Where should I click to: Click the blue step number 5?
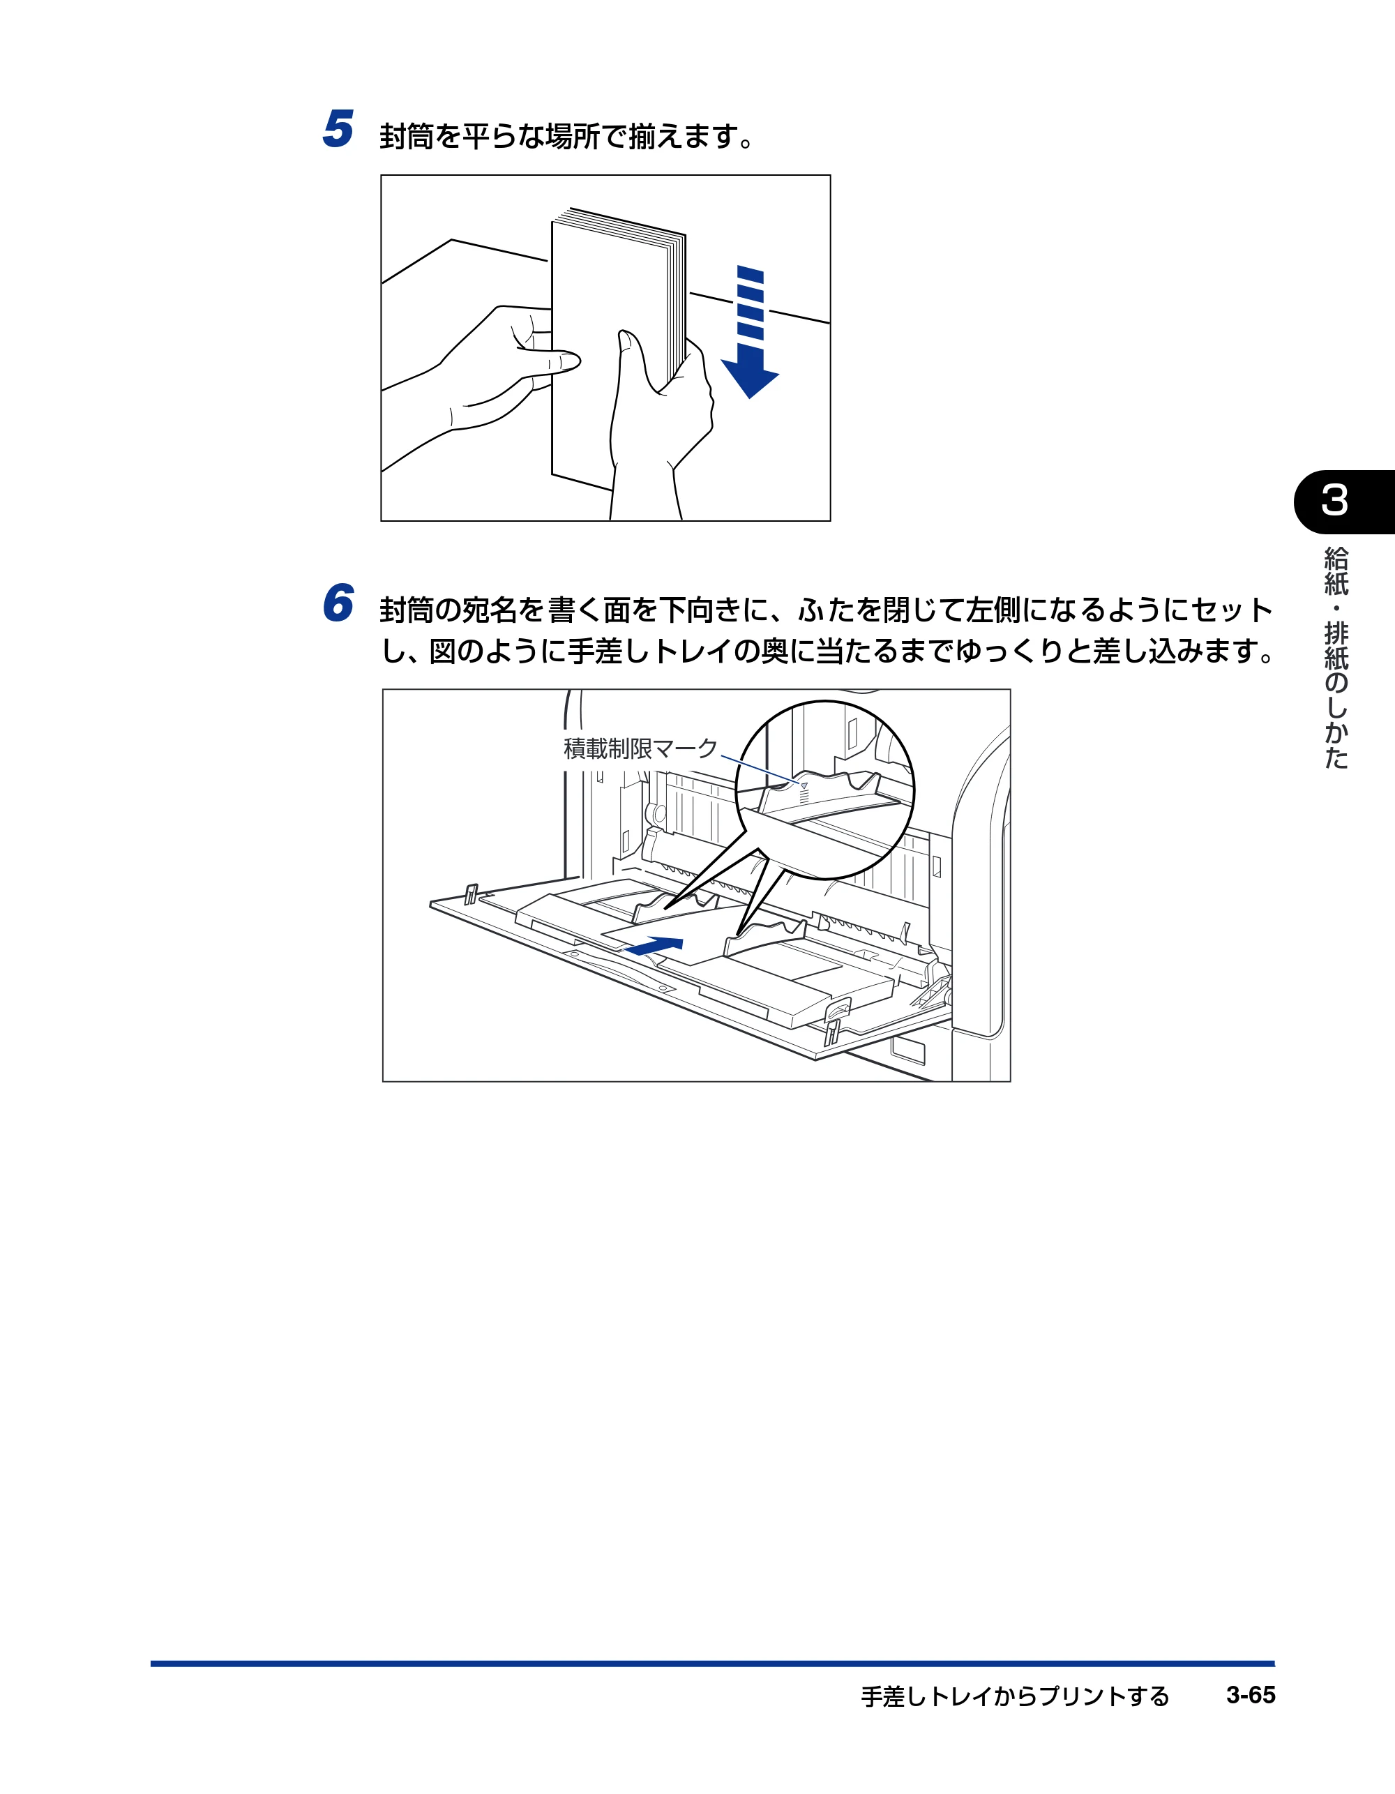click(338, 129)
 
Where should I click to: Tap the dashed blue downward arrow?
click(750, 332)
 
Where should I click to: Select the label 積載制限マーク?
click(641, 748)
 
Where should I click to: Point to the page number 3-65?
click(1251, 1696)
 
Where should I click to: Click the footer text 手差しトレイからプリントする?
click(1015, 1696)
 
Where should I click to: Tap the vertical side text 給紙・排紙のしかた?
click(1336, 658)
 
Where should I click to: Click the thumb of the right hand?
click(633, 361)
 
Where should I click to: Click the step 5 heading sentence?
click(567, 136)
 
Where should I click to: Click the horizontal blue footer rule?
click(712, 1664)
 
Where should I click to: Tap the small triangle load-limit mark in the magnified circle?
click(804, 786)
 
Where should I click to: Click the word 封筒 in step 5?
click(407, 136)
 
